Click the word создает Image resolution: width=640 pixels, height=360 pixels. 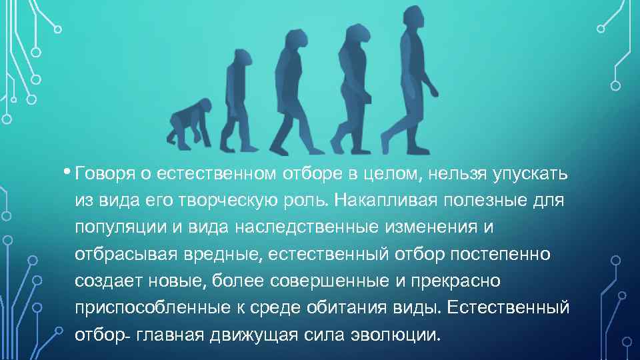[x=104, y=281]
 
